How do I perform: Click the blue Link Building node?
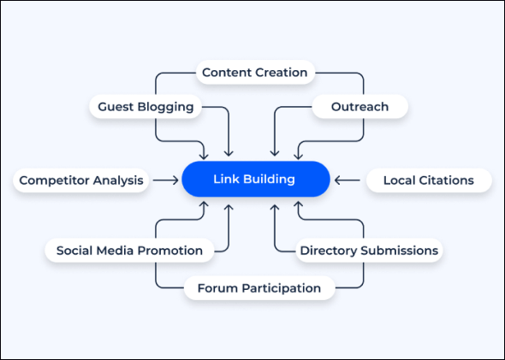(x=256, y=179)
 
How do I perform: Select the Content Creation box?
(x=255, y=73)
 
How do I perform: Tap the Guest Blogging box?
(x=146, y=107)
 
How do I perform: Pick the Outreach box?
(x=360, y=107)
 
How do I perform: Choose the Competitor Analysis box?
(x=81, y=180)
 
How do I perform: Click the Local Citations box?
(x=429, y=180)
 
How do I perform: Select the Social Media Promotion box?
(x=129, y=251)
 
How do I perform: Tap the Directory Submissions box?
(x=369, y=251)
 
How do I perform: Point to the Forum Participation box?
(x=259, y=288)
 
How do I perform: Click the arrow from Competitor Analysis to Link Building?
(x=165, y=180)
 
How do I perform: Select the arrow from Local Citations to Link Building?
(x=348, y=180)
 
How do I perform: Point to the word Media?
(x=112, y=251)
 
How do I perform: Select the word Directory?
(x=329, y=251)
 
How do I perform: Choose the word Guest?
(x=116, y=107)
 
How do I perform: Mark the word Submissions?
(x=400, y=251)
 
